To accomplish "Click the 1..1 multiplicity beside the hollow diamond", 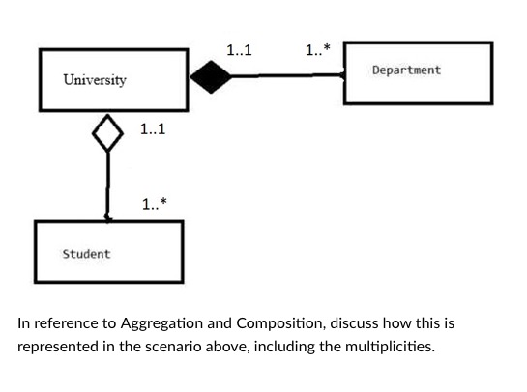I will tap(153, 128).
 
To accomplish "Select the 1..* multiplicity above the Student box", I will tap(153, 204).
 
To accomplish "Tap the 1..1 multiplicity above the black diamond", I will tap(239, 50).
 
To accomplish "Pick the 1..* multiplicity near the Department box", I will tap(316, 50).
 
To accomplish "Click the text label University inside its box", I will tap(95, 79).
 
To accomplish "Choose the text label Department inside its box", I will tap(406, 70).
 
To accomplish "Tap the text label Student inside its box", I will tap(86, 254).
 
